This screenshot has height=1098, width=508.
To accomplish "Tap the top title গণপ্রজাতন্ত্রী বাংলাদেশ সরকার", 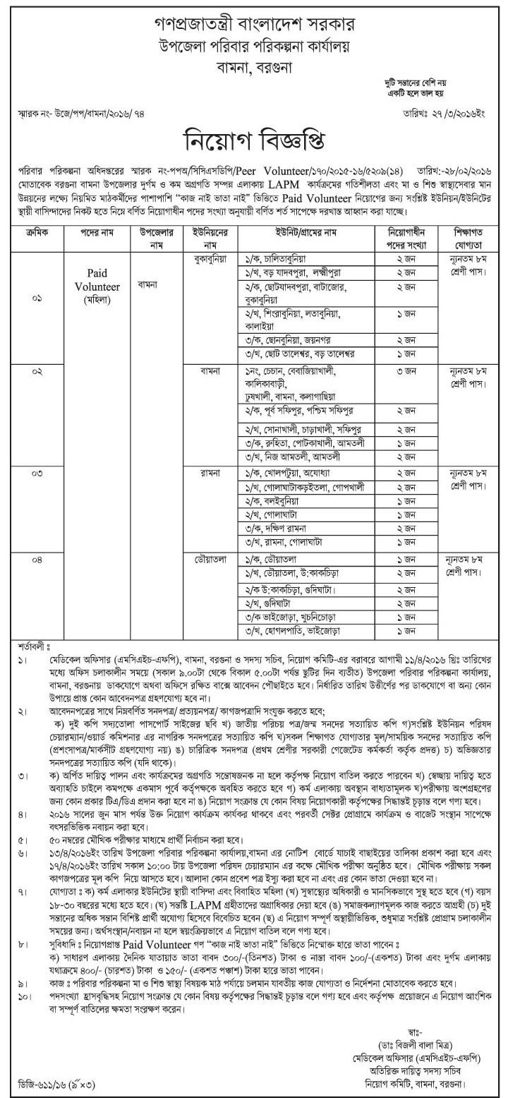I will click(x=254, y=16).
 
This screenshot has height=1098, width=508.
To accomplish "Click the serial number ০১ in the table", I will click(x=37, y=299).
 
